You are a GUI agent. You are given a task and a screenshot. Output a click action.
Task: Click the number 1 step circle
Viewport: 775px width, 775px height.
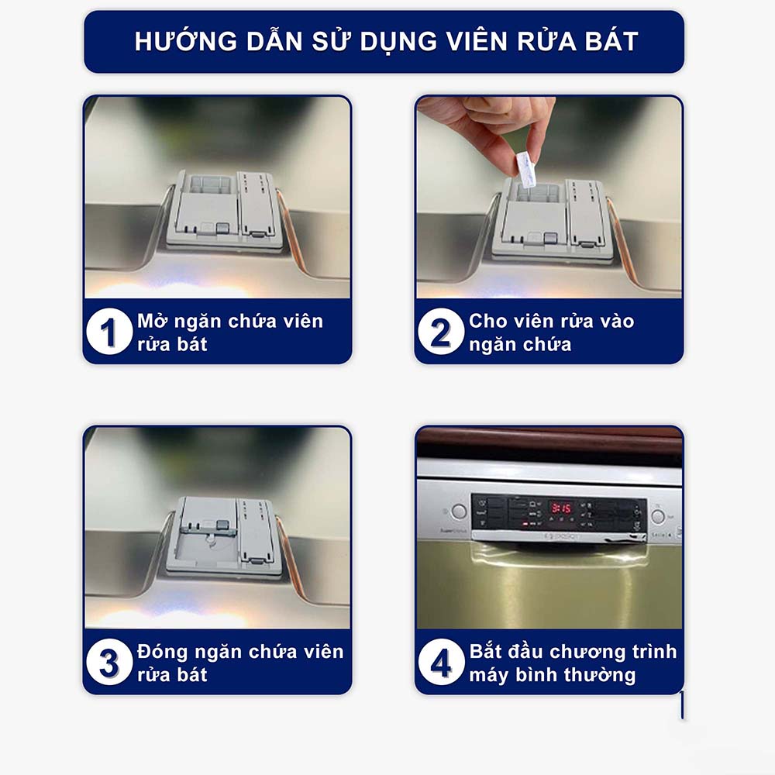[x=109, y=332]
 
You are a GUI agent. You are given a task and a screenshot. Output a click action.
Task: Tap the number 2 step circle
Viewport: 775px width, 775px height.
[x=441, y=332]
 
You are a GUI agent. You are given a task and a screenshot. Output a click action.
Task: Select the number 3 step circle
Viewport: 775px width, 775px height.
[x=109, y=663]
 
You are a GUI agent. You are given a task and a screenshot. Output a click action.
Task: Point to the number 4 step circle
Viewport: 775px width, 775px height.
[x=441, y=663]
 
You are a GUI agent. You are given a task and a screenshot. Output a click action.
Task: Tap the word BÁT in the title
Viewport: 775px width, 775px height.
[x=610, y=42]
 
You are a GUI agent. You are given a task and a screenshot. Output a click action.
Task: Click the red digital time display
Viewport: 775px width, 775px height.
[x=561, y=508]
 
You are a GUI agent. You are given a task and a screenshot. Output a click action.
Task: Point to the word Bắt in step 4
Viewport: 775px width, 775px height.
[x=487, y=652]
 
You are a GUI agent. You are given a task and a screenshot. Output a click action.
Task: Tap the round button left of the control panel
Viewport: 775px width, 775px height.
[x=459, y=512]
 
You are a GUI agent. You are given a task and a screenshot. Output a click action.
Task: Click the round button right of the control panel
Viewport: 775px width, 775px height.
[x=658, y=515]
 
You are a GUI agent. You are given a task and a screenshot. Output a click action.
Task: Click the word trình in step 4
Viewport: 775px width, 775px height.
[x=647, y=652]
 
